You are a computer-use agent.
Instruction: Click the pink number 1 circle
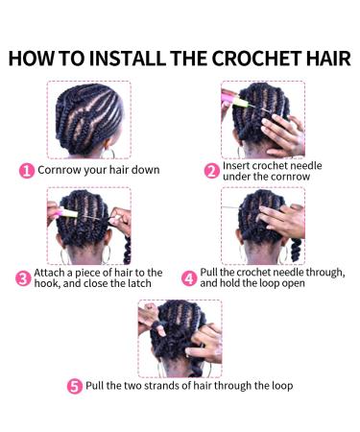(x=28, y=170)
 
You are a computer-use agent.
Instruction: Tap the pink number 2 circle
(x=211, y=170)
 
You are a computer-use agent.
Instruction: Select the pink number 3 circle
(x=22, y=278)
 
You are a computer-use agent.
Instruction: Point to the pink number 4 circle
(x=189, y=278)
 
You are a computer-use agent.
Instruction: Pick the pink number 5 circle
(x=74, y=386)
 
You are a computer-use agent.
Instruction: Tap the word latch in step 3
(x=138, y=285)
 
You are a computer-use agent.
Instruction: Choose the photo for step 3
(x=88, y=226)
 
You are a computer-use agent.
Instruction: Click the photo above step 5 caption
(x=180, y=337)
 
